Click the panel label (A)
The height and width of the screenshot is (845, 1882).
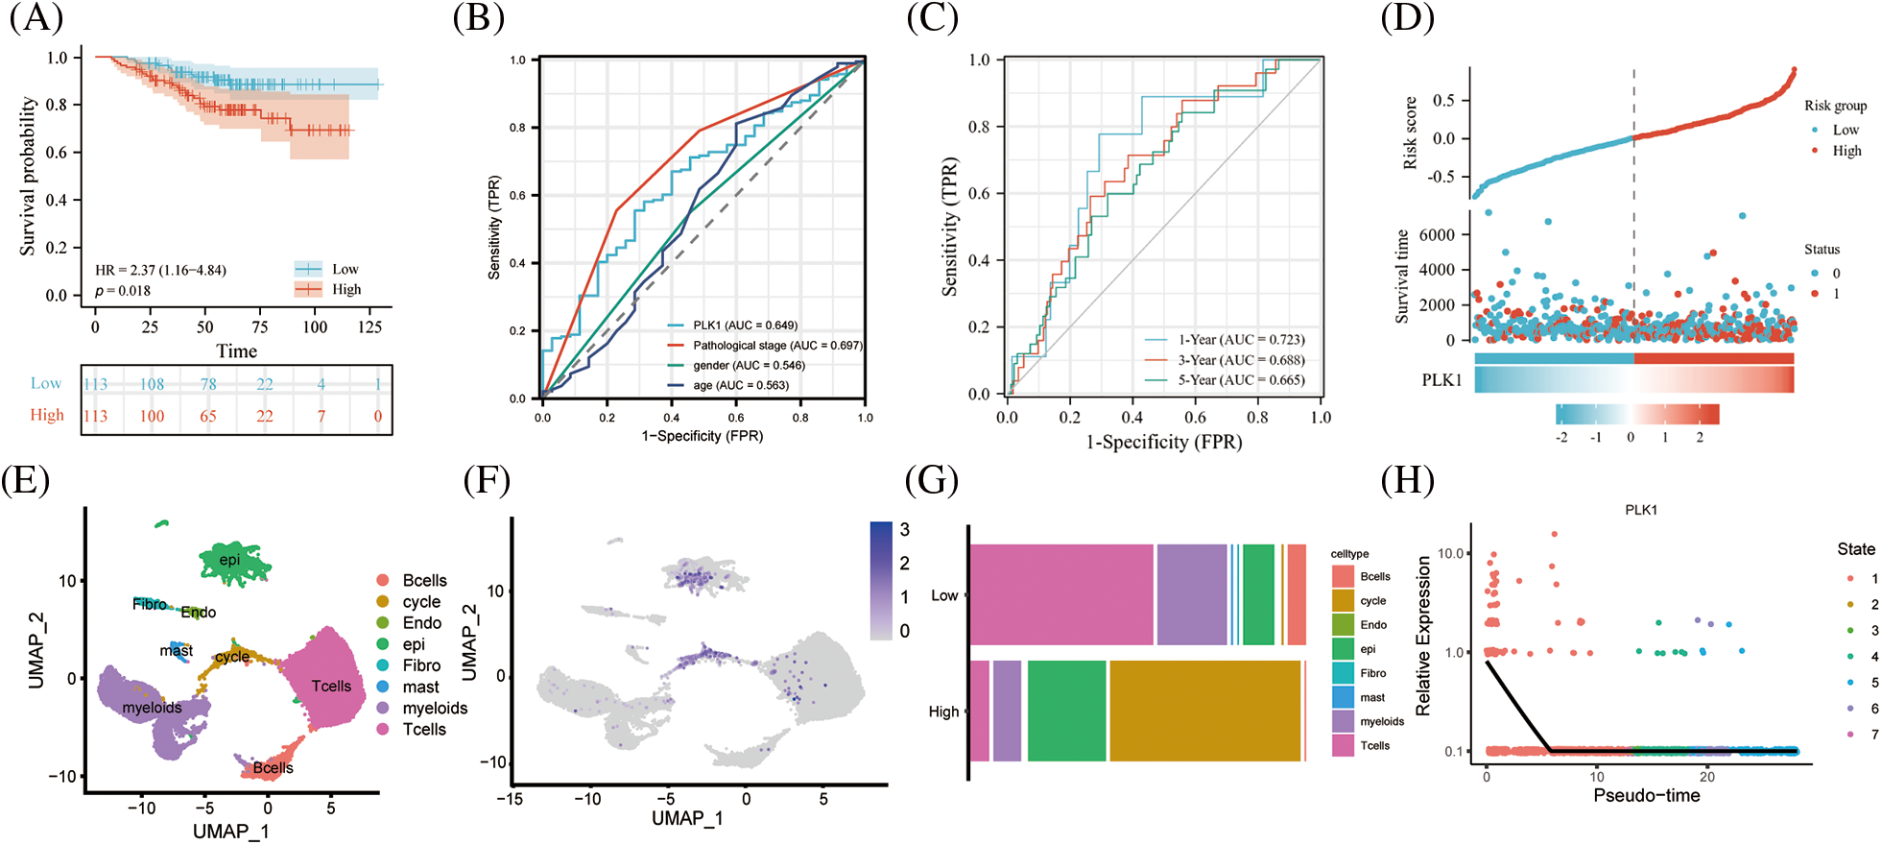pos(36,18)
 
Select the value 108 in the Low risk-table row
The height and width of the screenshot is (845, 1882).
pos(152,384)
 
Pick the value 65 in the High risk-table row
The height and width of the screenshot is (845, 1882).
pos(207,416)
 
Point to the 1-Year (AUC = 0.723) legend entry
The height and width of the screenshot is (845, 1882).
pos(1241,340)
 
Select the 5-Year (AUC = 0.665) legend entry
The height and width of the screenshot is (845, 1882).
pos(1241,380)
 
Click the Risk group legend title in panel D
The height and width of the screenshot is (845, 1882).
pos(1835,106)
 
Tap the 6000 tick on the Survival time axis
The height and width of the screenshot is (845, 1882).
pos(1437,234)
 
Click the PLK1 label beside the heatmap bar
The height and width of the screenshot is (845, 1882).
pos(1441,380)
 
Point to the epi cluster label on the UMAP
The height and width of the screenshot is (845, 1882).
pos(229,560)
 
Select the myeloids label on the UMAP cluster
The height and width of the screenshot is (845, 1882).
pos(152,708)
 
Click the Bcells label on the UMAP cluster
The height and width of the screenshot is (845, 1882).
pos(274,768)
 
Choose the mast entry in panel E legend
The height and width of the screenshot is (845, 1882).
pos(420,687)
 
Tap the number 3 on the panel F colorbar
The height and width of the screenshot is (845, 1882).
pos(904,530)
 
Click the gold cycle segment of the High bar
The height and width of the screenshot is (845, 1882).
pos(1204,711)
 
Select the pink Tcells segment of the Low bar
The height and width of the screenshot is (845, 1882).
pos(1060,595)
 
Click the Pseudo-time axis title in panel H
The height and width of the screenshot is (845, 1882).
pos(1646,796)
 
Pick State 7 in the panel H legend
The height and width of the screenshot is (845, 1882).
pos(1874,735)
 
